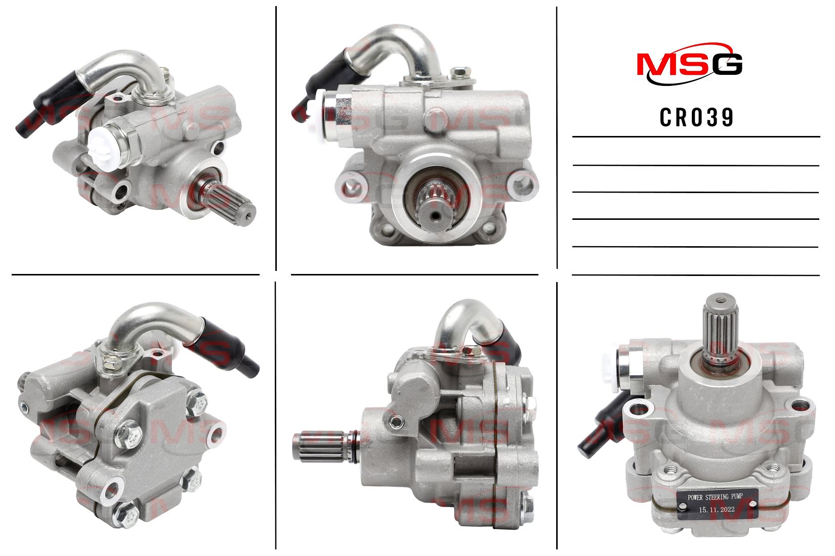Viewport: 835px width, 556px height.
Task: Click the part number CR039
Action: coord(697,118)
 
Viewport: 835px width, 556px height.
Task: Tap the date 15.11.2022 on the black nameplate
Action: coord(717,509)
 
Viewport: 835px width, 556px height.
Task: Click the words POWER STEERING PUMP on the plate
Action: coord(715,497)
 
